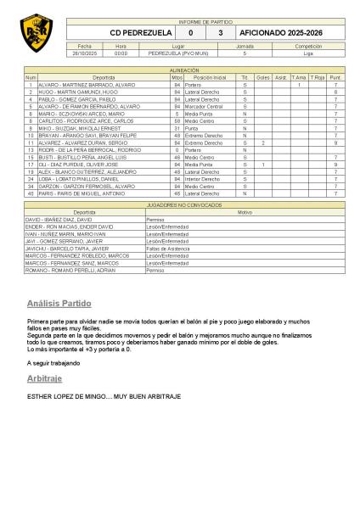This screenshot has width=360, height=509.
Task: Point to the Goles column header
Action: tap(263, 77)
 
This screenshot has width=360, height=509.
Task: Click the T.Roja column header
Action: tap(317, 77)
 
